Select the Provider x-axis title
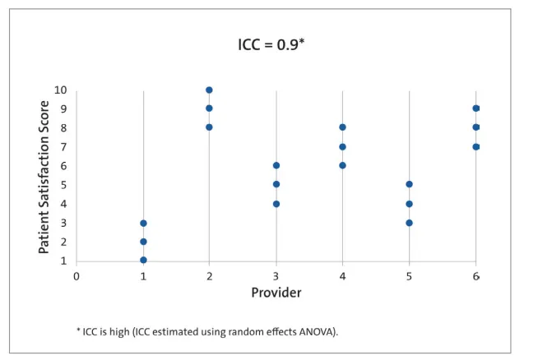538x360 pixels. click(276, 293)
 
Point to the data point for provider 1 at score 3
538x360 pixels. click(143, 223)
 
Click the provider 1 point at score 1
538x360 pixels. click(143, 261)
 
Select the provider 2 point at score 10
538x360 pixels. click(209, 90)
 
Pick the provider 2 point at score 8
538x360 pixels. click(209, 127)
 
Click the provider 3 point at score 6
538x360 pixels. click(276, 165)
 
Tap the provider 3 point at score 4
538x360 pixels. click(276, 204)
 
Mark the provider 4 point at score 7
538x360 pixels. click(342, 146)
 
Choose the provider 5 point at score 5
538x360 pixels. click(409, 184)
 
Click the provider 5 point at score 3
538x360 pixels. click(409, 223)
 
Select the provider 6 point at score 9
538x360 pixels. click(475, 108)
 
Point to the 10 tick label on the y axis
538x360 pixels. click(61, 90)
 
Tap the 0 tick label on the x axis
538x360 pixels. click(77, 276)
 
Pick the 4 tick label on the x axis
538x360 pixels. click(342, 276)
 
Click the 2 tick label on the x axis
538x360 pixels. click(209, 276)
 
